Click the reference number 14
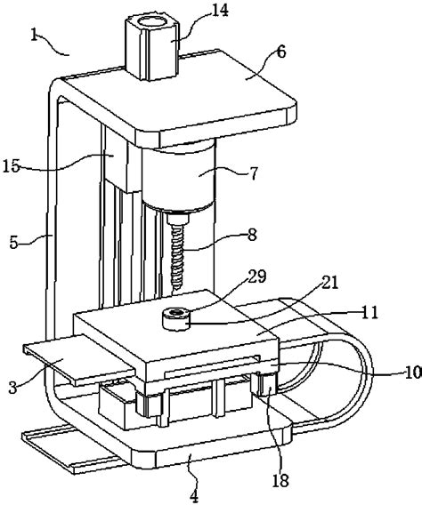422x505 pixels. coord(220,11)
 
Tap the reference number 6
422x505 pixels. coord(281,52)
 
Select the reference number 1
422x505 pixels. coord(35,35)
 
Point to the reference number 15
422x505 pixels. coord(12,166)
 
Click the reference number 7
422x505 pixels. coord(254,173)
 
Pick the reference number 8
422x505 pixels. coord(252,235)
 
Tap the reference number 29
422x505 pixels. coord(257,277)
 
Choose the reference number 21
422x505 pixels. coord(329,283)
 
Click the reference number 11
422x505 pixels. coord(369,312)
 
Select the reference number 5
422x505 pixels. coord(13,243)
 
